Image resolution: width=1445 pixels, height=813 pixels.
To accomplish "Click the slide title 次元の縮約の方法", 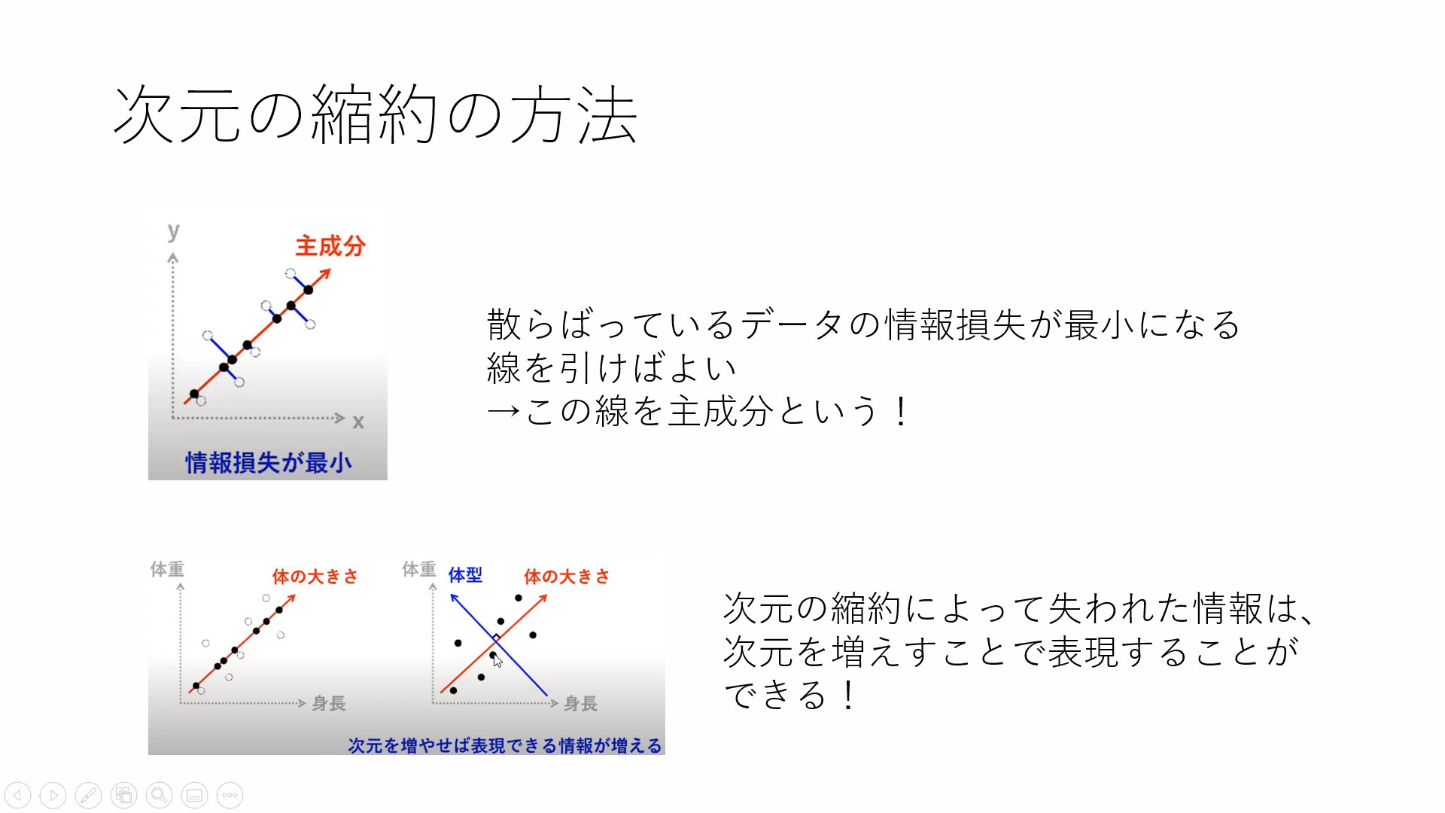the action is pos(376,114).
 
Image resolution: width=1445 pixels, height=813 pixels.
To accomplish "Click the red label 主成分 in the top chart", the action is pos(330,245).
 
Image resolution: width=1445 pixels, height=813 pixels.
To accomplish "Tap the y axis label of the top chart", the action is pos(174,232).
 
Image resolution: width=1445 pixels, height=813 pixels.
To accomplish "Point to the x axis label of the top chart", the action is pos(358,422).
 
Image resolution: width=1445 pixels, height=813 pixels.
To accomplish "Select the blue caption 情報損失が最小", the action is pos(269,462).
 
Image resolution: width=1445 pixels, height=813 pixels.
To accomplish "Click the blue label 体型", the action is pos(465,575).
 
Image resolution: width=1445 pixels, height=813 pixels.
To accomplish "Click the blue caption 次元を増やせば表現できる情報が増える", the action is pos(505,745).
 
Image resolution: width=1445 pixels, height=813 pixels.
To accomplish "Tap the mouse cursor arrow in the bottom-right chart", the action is pos(497,660).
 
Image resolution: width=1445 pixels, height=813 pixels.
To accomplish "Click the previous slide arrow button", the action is pos(18,795).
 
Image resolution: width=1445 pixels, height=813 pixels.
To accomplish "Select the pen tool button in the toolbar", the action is pos(88,795).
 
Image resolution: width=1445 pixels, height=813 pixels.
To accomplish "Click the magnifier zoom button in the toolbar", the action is pos(159,795).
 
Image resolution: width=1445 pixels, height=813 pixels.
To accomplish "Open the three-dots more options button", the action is pos(230,795).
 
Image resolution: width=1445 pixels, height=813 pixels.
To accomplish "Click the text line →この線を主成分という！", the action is pos(699,411).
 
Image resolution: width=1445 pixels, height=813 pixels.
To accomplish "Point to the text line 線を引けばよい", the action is pos(611,368).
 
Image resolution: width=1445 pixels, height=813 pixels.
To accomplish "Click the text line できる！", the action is pos(790,694).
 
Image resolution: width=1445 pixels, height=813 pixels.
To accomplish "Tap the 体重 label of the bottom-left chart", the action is pos(167,569).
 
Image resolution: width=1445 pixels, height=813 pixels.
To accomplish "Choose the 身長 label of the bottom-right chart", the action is pos(581,703).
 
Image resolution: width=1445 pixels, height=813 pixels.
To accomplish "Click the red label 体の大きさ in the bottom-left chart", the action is pos(315,577).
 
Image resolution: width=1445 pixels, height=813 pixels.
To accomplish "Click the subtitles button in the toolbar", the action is pos(194,795).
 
